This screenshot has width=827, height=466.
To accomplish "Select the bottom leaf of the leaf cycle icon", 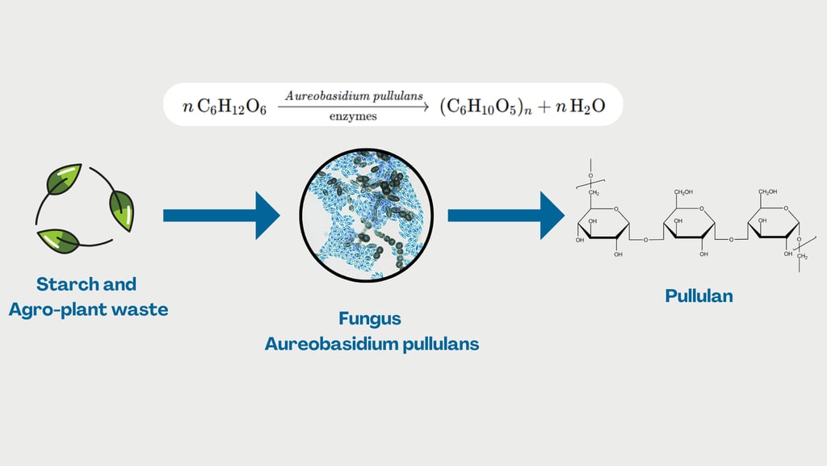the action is [59, 240].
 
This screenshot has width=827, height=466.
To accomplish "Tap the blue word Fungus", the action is [372, 318].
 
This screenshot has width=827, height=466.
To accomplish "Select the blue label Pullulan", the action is [699, 296].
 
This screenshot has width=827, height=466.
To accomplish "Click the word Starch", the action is [68, 284].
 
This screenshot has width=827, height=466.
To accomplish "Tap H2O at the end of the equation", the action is [587, 107].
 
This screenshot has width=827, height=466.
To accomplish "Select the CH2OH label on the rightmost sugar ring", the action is [766, 192].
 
